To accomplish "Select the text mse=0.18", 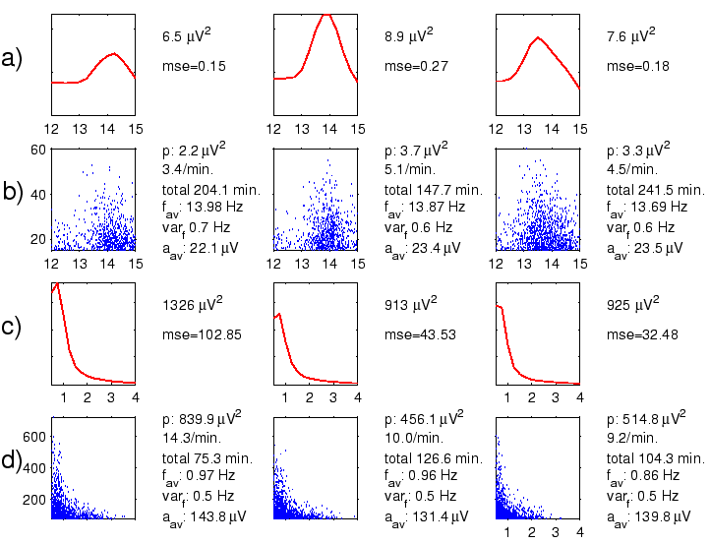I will pyautogui.click(x=633, y=67).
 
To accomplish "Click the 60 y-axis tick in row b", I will pyautogui.click(x=40, y=150).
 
